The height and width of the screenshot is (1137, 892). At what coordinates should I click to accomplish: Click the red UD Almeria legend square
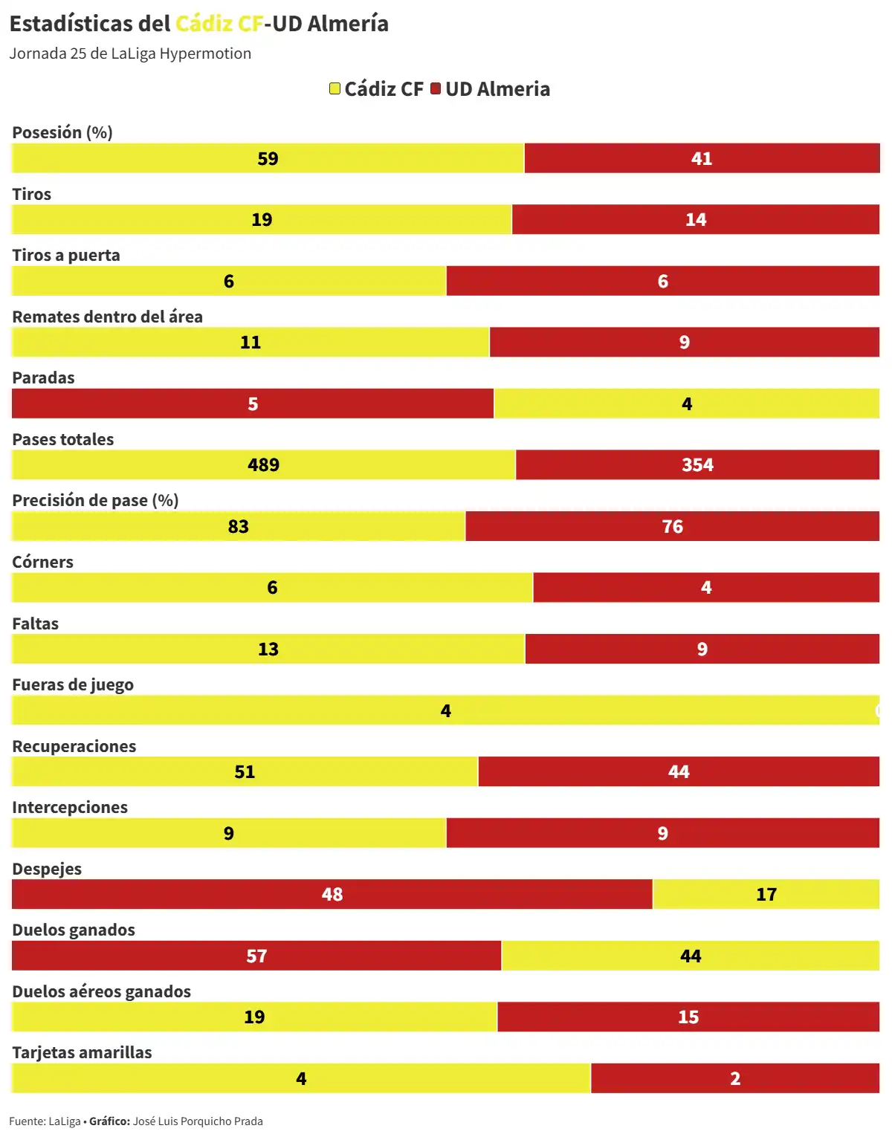pyautogui.click(x=436, y=88)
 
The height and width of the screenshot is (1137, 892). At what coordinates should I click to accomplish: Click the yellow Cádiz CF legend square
pyautogui.click(x=335, y=88)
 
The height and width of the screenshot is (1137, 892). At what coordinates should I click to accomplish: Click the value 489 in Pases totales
pyautogui.click(x=263, y=464)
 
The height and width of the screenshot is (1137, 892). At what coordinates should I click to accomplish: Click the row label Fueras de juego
pyautogui.click(x=73, y=684)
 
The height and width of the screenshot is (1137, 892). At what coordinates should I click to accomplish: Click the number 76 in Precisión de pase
pyautogui.click(x=672, y=526)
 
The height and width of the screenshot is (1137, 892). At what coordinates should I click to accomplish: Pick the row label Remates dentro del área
pyautogui.click(x=107, y=317)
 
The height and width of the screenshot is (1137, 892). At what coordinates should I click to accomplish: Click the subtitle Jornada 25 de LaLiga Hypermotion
pyautogui.click(x=130, y=54)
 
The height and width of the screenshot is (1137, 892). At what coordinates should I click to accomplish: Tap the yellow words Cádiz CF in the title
pyautogui.click(x=219, y=24)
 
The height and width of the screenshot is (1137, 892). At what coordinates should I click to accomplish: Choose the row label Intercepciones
pyautogui.click(x=70, y=807)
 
